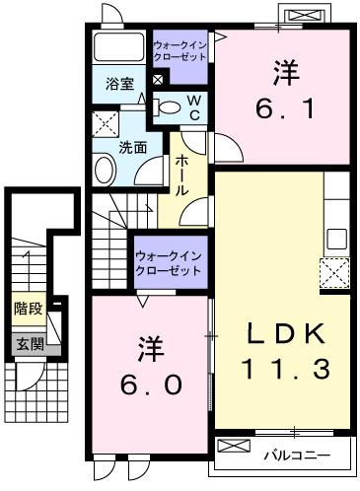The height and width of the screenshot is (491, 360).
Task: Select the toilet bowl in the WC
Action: pyautogui.click(x=170, y=107)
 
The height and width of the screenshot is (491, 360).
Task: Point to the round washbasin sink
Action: pyautogui.click(x=104, y=169)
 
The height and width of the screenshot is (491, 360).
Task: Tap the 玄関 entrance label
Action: pyautogui.click(x=29, y=344)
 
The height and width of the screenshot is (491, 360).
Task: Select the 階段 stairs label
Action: pyautogui.click(x=28, y=309)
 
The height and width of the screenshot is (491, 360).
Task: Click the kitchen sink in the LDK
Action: pyautogui.click(x=336, y=238)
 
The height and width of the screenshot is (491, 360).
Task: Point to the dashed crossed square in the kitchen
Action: pyautogui.click(x=334, y=271)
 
